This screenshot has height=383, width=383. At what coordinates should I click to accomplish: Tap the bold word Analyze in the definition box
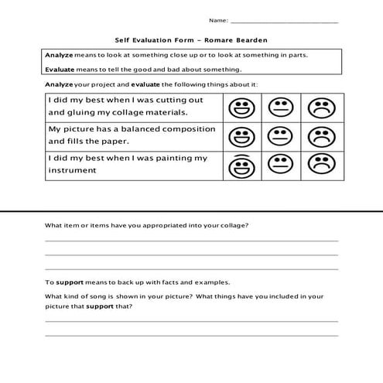pyautogui.click(x=59, y=56)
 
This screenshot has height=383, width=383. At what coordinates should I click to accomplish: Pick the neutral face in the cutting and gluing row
pyautogui.click(x=278, y=108)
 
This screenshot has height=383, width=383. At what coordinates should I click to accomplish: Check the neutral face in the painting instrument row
pyautogui.click(x=278, y=164)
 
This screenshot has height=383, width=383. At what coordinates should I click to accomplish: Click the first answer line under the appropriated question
pyautogui.click(x=191, y=241)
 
